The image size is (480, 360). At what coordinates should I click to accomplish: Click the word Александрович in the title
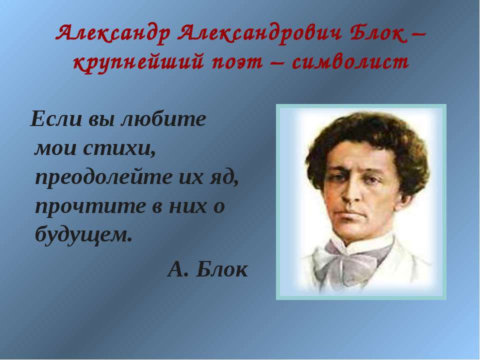point(259,33)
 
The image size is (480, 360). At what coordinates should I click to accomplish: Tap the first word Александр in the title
point(112,33)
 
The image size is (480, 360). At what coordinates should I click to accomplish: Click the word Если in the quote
point(56,119)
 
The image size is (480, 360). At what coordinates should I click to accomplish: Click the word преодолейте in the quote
point(103,177)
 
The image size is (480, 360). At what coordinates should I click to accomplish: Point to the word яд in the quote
point(224,178)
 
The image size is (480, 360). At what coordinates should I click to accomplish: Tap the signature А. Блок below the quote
point(207,269)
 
